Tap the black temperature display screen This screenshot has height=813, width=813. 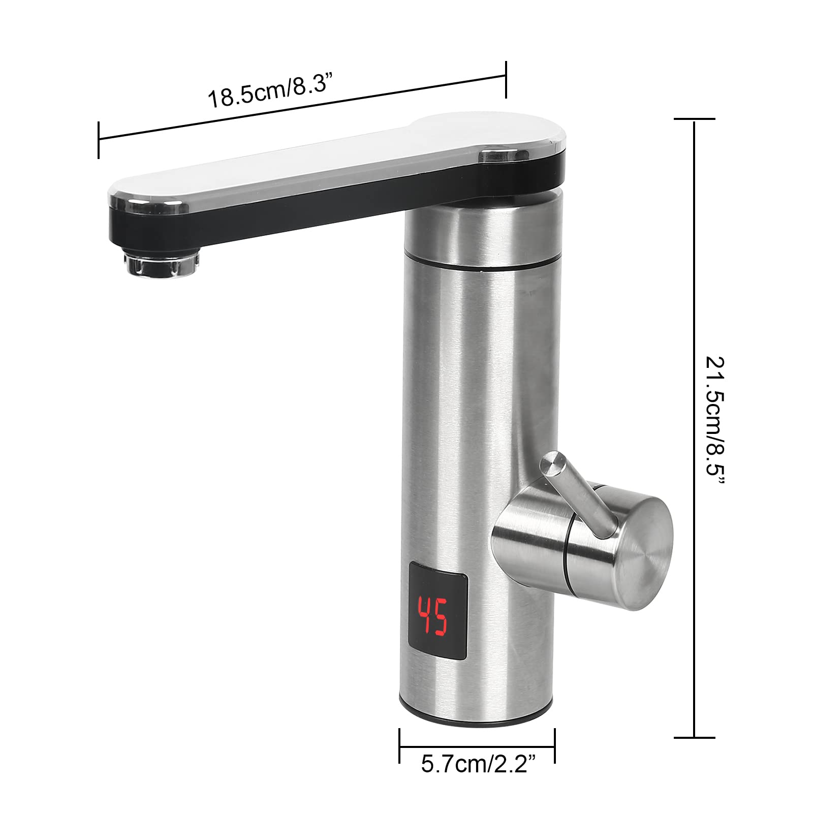[438, 617]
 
